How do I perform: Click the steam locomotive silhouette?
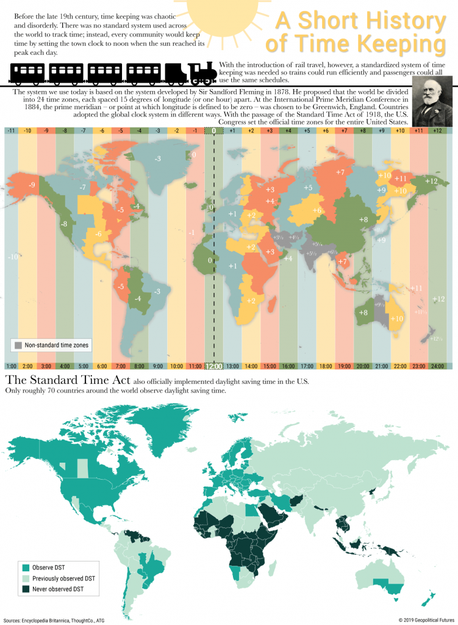tap(202, 73)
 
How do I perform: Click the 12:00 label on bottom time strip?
tap(213, 366)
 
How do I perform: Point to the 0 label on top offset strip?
tap(213, 131)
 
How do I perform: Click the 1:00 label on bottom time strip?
tap(11, 366)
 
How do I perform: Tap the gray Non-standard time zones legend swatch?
tap(18, 345)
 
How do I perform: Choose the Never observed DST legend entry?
tap(57, 589)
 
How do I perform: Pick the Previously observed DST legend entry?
tap(64, 578)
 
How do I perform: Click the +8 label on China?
tap(363, 220)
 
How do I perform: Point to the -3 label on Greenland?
tap(157, 159)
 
